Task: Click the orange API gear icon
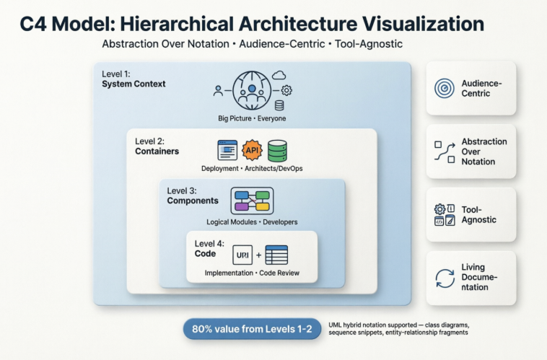tap(252, 151)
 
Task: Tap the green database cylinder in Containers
tap(277, 151)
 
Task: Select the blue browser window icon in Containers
tap(227, 151)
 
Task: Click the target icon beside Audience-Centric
tap(444, 89)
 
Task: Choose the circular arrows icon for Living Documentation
tap(444, 278)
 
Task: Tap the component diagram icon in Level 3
tap(252, 201)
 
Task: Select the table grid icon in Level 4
tap(276, 255)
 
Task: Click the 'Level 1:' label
tap(116, 73)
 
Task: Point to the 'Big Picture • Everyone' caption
tap(252, 118)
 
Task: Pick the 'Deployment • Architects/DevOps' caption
tap(252, 169)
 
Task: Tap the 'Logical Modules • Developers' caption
tap(252, 221)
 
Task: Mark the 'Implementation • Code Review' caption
tap(252, 273)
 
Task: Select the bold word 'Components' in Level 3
tap(193, 201)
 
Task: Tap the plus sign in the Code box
tap(258, 255)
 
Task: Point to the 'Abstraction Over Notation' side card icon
tap(444, 151)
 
